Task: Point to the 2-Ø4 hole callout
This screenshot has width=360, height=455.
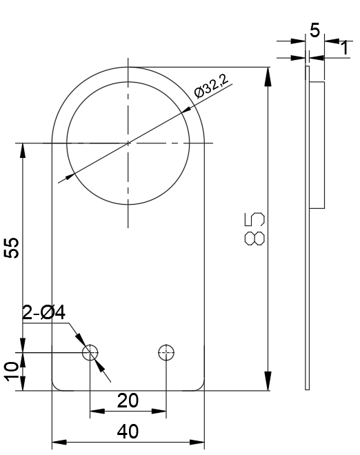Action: tap(43, 312)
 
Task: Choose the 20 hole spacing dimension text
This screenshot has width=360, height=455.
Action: tap(128, 401)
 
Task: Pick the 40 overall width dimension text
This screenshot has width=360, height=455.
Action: tap(128, 432)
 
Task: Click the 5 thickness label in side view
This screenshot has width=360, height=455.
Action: tap(314, 30)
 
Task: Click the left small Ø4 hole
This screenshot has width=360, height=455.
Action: tap(90, 353)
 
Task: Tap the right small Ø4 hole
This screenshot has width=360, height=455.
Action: tap(166, 353)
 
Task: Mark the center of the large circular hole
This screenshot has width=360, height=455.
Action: tap(128, 143)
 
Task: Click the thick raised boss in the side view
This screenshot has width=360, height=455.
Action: tap(317, 145)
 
